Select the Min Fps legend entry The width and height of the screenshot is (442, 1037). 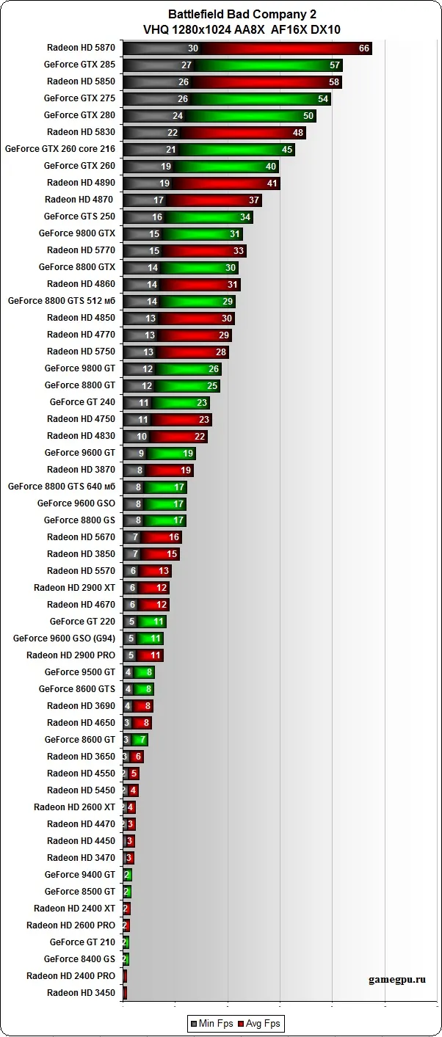(x=214, y=1023)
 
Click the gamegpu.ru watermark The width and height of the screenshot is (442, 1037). (x=397, y=979)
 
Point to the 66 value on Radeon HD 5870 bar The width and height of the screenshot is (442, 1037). (x=364, y=48)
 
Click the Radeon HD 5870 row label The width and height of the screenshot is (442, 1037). (x=81, y=48)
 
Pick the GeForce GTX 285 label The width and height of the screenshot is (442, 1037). (x=79, y=65)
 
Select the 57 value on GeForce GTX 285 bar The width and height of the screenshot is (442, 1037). (x=335, y=65)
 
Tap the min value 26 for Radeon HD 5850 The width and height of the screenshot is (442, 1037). (x=184, y=82)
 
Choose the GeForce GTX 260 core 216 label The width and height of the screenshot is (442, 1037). (x=60, y=149)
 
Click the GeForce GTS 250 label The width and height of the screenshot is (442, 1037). (x=79, y=217)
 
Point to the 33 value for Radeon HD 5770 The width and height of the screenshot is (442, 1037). (x=239, y=251)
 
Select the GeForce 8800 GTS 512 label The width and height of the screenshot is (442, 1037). (x=62, y=301)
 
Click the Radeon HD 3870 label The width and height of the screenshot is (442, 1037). (x=81, y=470)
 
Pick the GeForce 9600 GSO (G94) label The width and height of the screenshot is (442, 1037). (x=64, y=638)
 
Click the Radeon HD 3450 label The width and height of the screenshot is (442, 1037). (x=81, y=993)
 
